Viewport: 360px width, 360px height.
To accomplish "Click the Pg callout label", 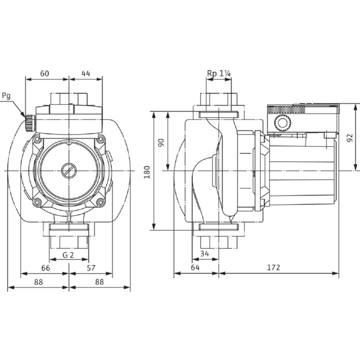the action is (x=6, y=95).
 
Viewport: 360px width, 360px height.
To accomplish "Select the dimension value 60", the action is (x=44, y=73).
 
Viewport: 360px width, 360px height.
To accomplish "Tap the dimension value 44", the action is (x=85, y=73).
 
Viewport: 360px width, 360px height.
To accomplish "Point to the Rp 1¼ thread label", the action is (x=219, y=73).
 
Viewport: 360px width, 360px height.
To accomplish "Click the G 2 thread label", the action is (x=68, y=255).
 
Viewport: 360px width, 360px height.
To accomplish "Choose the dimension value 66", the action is (x=45, y=268).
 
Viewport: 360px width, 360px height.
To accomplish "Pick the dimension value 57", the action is (x=91, y=268).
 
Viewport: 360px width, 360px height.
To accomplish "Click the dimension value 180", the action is (x=146, y=172).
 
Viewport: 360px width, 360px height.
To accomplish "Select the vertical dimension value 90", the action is (x=161, y=143).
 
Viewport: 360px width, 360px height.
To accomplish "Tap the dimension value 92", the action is (x=349, y=138).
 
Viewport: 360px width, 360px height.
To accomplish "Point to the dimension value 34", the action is (x=204, y=253).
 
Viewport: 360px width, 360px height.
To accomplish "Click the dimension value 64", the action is (x=195, y=267).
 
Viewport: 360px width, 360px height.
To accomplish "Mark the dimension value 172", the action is (x=273, y=267).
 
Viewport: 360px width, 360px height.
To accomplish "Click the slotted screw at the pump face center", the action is (x=68, y=170).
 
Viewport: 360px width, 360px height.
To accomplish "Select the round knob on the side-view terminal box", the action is (x=282, y=123).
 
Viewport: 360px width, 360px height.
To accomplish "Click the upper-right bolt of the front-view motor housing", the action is (x=100, y=139).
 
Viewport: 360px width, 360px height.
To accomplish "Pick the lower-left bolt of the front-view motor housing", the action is (x=36, y=202).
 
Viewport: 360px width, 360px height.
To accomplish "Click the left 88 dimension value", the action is (x=38, y=281).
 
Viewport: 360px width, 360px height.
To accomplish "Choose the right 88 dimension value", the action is (x=99, y=281).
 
